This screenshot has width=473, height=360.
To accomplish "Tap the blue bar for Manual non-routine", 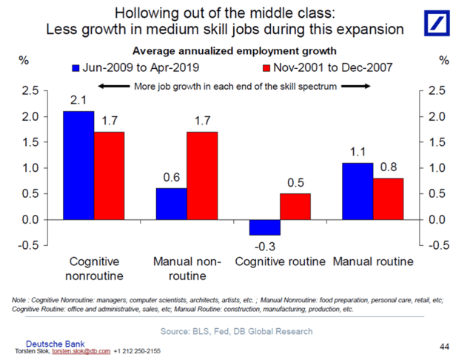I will pyautogui.click(x=171, y=204).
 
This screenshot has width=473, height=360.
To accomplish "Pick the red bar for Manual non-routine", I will pyautogui.click(x=202, y=176).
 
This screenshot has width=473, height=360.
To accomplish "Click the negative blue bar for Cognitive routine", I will pyautogui.click(x=265, y=227).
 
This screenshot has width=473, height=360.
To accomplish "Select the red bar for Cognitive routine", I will pyautogui.click(x=296, y=207).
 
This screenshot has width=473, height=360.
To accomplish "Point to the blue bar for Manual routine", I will pyautogui.click(x=358, y=191).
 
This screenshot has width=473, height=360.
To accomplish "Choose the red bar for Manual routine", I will pyautogui.click(x=389, y=199).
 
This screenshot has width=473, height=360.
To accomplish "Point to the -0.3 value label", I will pyautogui.click(x=265, y=245).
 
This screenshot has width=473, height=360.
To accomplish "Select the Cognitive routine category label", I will pyautogui.click(x=281, y=262).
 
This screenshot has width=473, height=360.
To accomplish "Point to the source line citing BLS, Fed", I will pyautogui.click(x=236, y=330).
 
